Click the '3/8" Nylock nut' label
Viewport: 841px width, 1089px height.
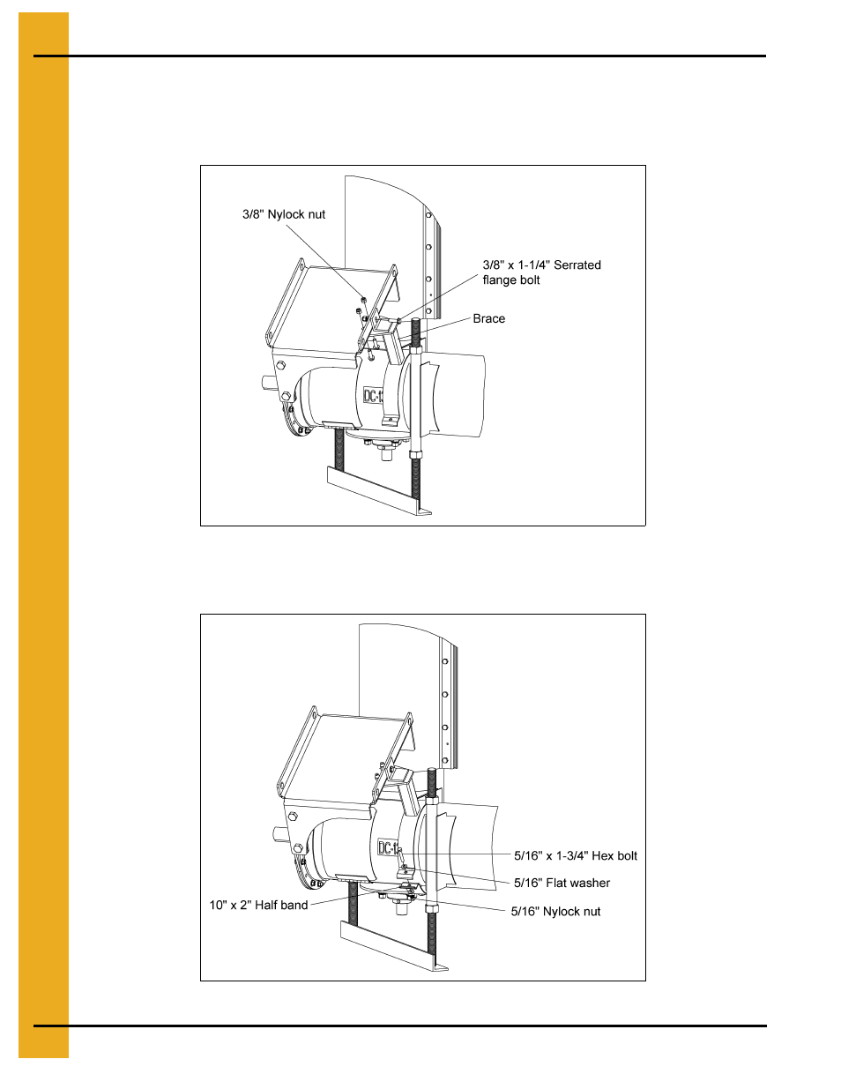tap(284, 214)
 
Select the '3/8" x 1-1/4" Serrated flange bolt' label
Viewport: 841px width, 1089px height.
tap(541, 272)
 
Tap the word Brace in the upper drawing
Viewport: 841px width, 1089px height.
tap(489, 318)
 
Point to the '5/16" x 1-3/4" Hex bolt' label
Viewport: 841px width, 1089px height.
tap(576, 855)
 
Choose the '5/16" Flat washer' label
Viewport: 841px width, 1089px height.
tap(562, 883)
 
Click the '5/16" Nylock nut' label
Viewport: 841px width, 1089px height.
tap(555, 911)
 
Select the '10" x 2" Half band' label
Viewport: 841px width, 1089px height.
tap(258, 905)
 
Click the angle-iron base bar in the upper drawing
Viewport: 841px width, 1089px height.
tap(379, 489)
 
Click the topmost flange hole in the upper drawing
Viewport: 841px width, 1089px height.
tap(428, 215)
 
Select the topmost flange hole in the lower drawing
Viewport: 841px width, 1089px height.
tap(445, 662)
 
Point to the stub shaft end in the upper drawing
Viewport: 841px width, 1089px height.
tap(266, 383)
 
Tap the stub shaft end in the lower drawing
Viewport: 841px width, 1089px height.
tap(279, 834)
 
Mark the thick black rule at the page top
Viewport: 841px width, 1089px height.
tap(399, 56)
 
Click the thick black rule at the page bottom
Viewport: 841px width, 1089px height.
tap(399, 1026)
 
